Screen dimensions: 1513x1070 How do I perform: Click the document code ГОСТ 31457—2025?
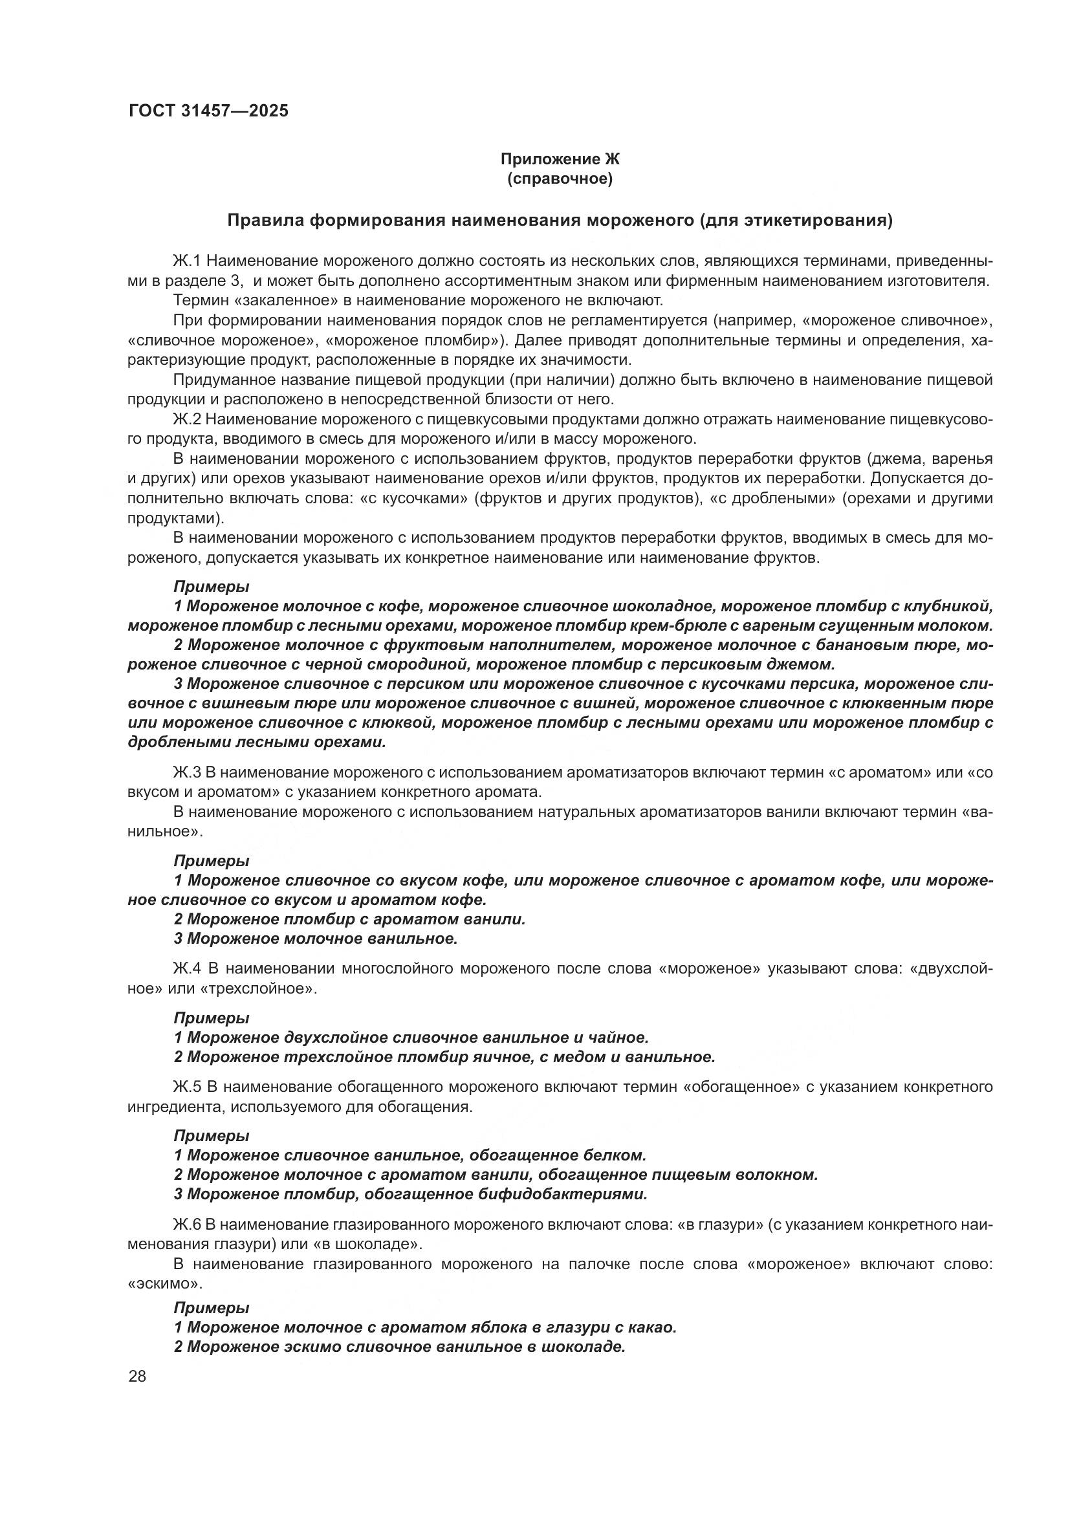(x=208, y=111)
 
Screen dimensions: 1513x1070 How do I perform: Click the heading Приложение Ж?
(x=560, y=159)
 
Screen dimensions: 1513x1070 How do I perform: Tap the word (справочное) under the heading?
(x=560, y=179)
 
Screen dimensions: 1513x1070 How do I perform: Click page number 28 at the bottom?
(x=137, y=1377)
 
